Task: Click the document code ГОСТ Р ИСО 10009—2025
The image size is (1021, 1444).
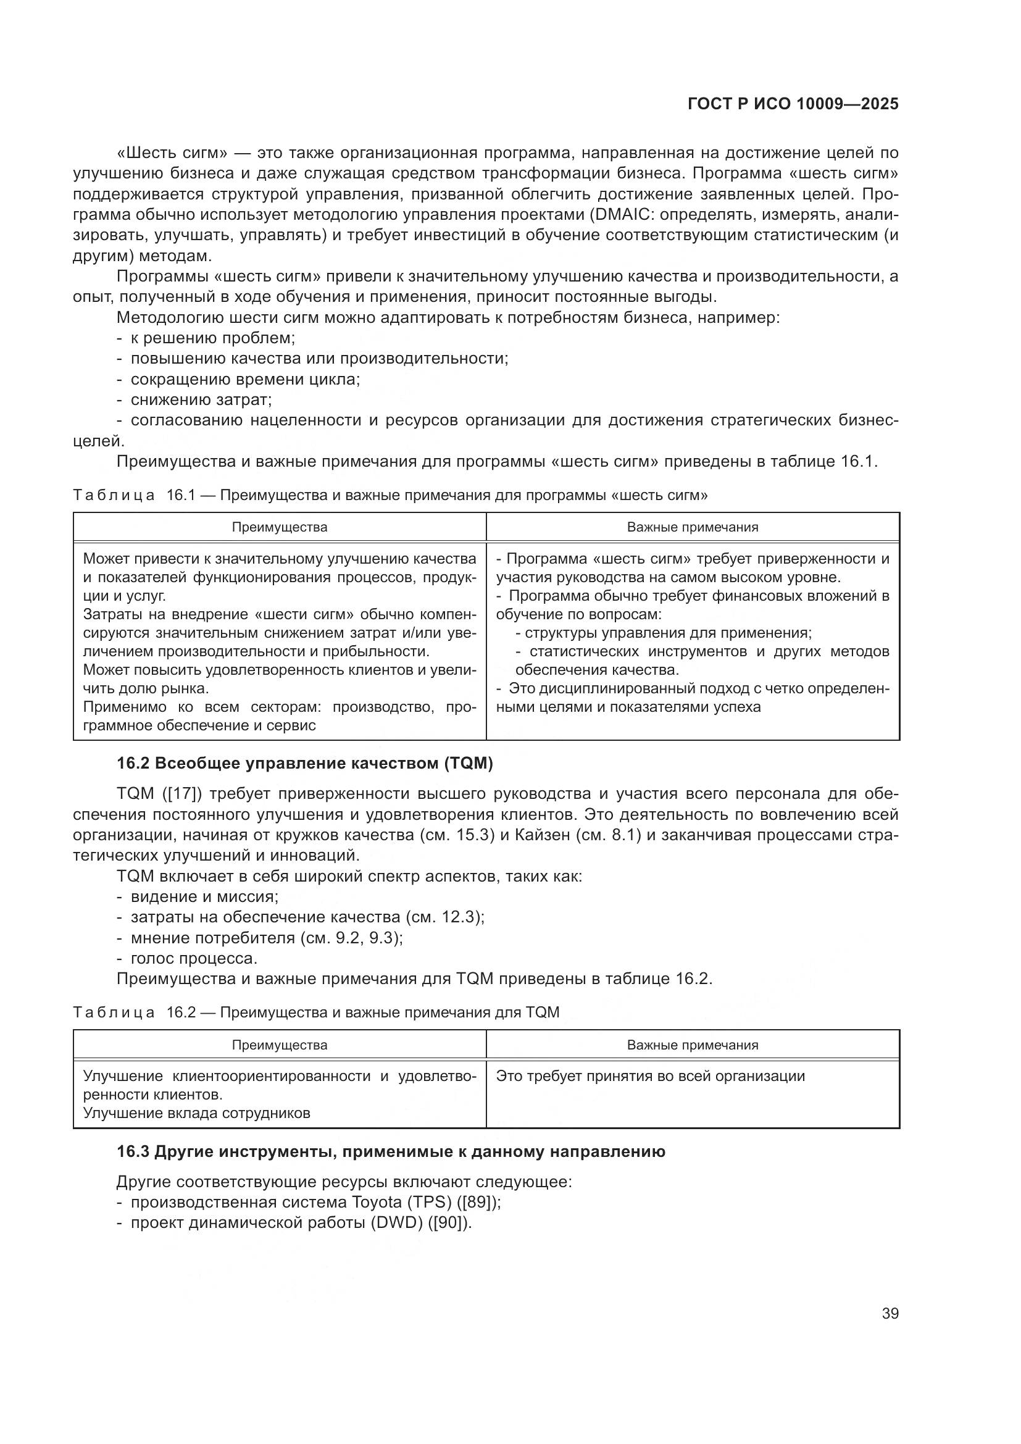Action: [793, 104]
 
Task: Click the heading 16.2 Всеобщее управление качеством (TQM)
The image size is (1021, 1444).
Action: [305, 764]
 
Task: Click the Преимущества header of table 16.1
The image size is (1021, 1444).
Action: [279, 527]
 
